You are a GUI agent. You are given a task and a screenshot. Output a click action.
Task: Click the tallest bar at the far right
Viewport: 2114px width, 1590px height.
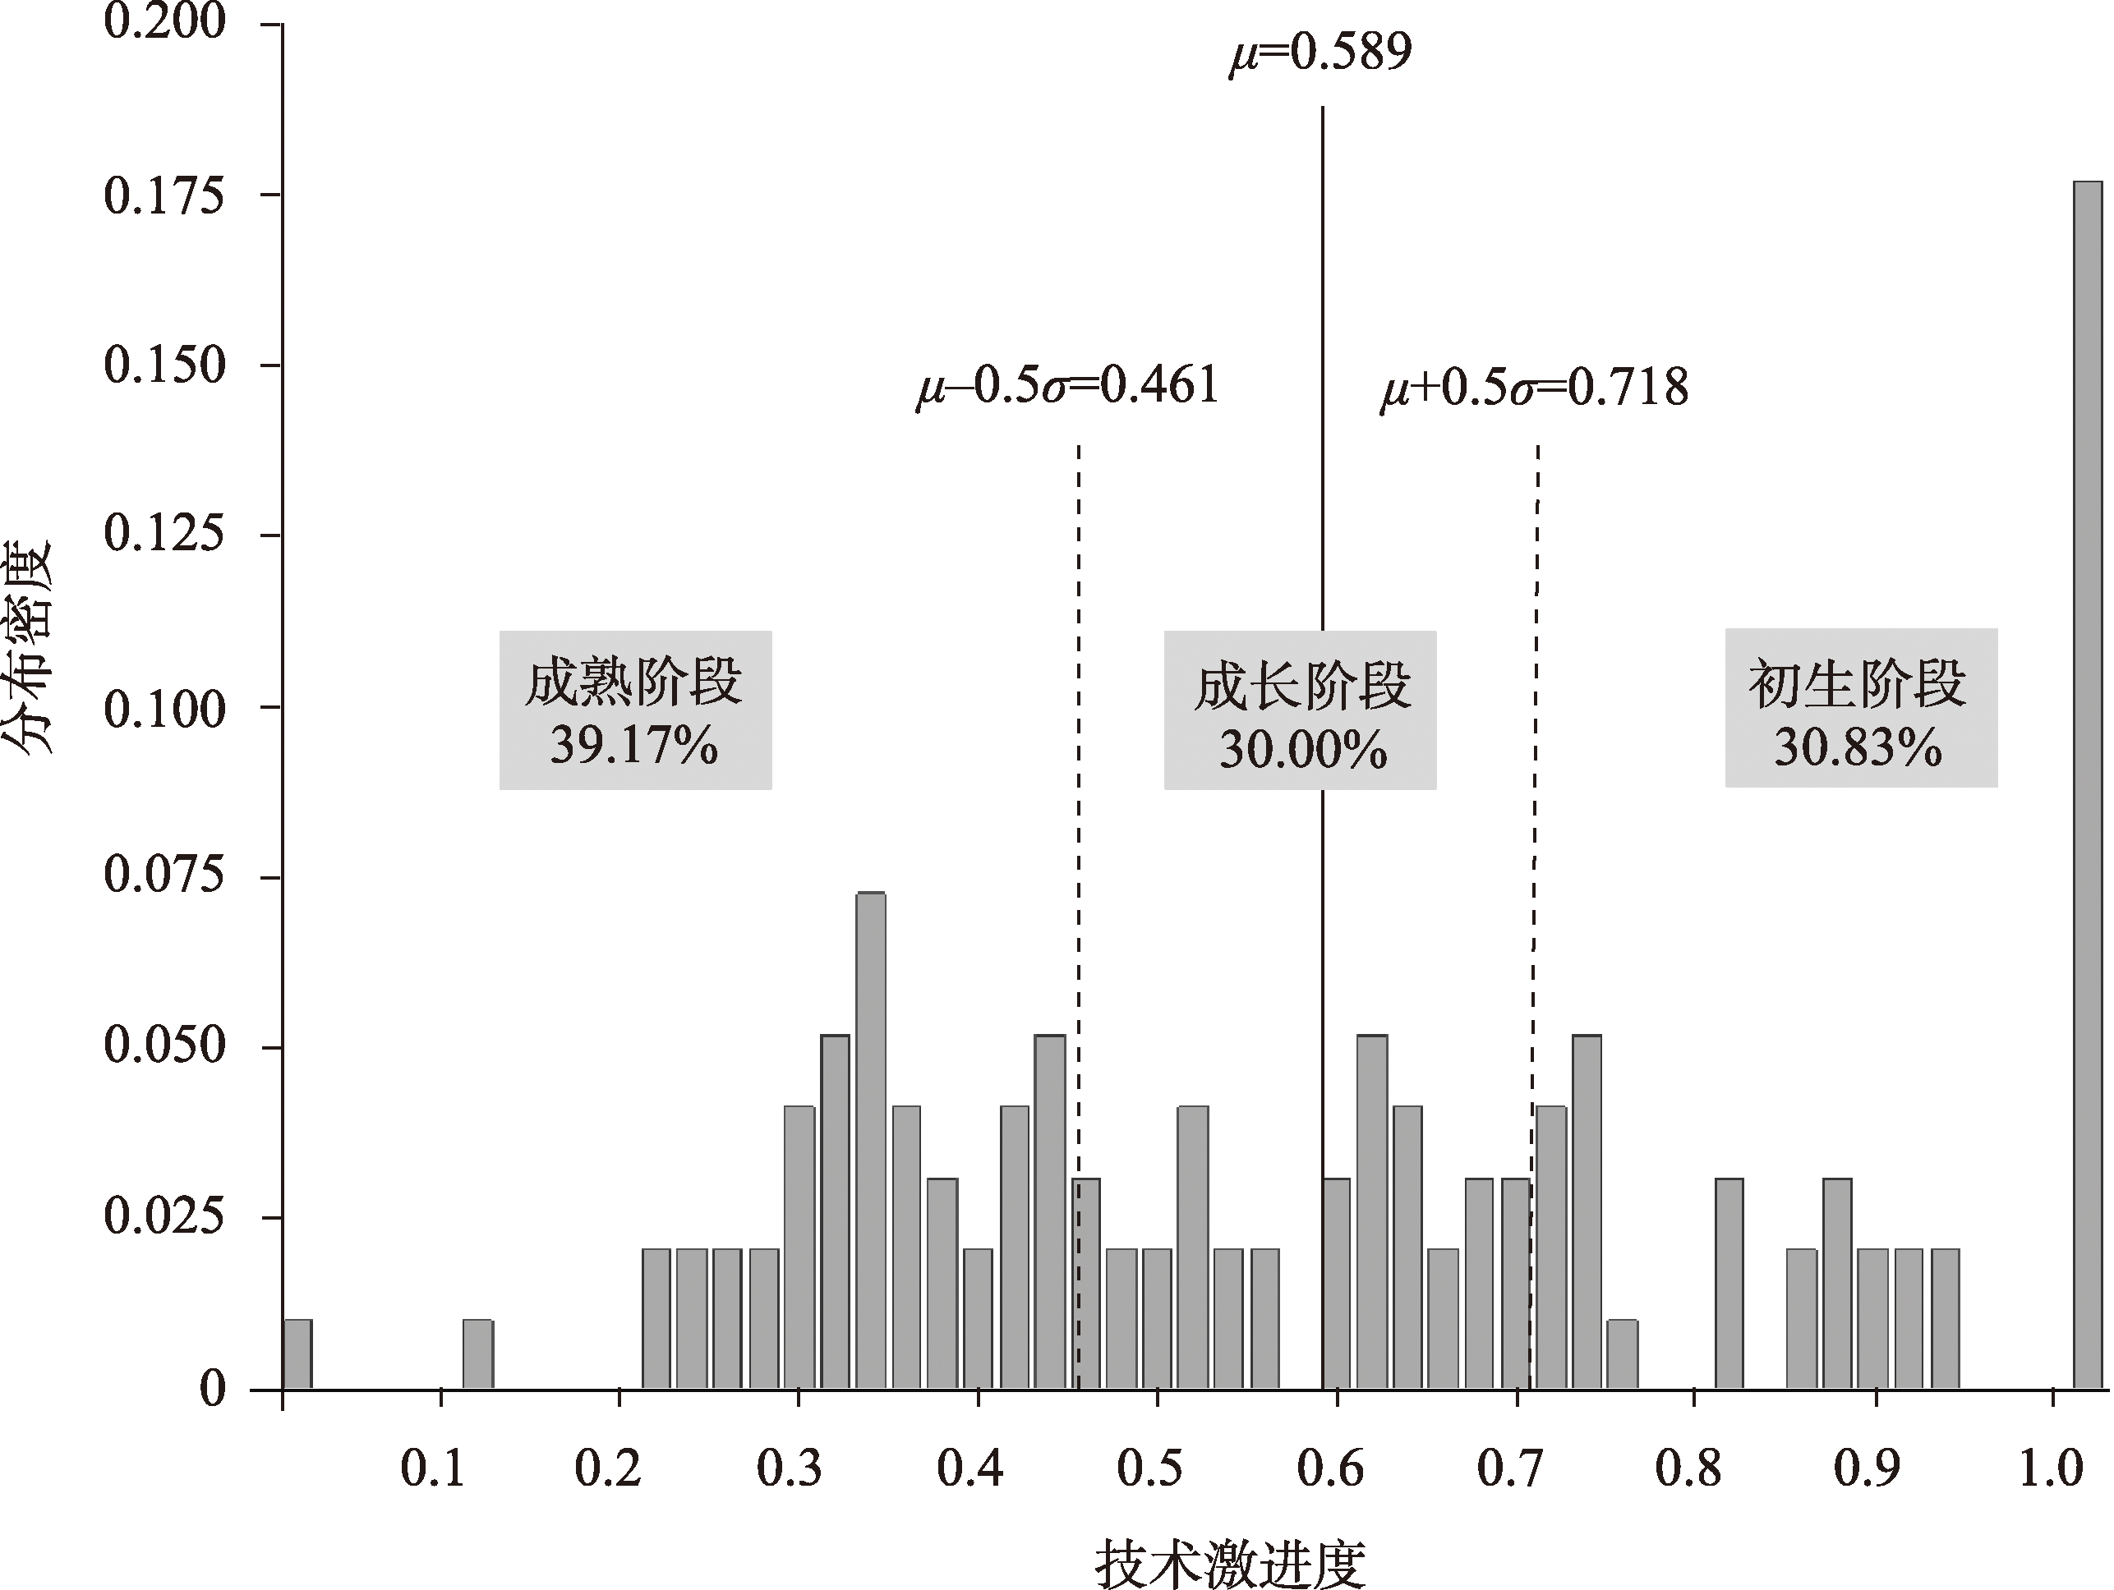pyautogui.click(x=2089, y=784)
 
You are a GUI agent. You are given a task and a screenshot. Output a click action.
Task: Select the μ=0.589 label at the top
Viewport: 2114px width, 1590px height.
pyautogui.click(x=1320, y=53)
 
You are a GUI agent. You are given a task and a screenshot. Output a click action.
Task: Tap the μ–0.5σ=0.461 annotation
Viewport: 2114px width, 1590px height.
pyautogui.click(x=1066, y=386)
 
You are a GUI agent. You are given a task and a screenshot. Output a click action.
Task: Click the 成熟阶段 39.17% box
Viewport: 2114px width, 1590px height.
pyautogui.click(x=634, y=710)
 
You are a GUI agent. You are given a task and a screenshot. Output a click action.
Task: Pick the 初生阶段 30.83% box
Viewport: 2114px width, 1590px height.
pyautogui.click(x=1860, y=708)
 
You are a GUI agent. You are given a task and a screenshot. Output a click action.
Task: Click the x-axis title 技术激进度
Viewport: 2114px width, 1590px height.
pyautogui.click(x=1230, y=1565)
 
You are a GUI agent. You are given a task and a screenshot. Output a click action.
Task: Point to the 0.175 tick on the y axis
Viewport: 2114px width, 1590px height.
pyautogui.click(x=164, y=196)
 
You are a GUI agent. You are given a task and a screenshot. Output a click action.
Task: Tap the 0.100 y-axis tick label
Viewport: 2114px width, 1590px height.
pyautogui.click(x=164, y=709)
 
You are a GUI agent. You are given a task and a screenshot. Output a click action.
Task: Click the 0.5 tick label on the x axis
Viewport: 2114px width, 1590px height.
pyautogui.click(x=1149, y=1468)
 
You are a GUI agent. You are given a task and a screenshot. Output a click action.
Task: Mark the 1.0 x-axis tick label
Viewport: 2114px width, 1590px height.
pyautogui.click(x=2051, y=1468)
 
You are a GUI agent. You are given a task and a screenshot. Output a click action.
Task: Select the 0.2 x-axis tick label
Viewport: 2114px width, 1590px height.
pyautogui.click(x=608, y=1468)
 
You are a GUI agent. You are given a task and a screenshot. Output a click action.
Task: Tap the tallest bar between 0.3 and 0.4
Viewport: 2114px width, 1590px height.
pyautogui.click(x=871, y=1139)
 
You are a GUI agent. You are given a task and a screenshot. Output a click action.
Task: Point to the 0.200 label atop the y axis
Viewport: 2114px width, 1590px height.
pyautogui.click(x=164, y=23)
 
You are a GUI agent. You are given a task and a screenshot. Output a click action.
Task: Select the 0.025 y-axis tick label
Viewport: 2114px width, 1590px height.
pyautogui.click(x=164, y=1217)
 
